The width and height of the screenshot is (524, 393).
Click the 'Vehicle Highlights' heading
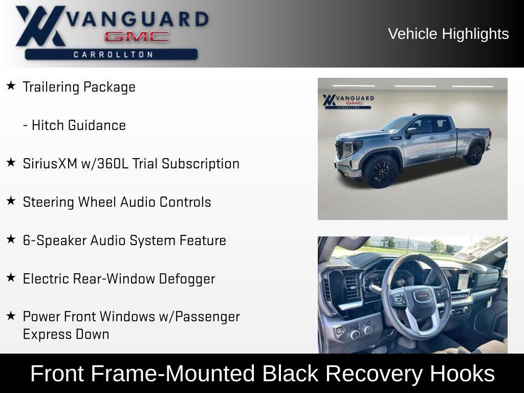pyautogui.click(x=448, y=34)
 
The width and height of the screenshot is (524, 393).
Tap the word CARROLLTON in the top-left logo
pyautogui.click(x=113, y=54)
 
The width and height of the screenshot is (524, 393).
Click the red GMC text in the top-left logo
pyautogui.click(x=137, y=36)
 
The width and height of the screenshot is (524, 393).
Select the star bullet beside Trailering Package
pyautogui.click(x=11, y=86)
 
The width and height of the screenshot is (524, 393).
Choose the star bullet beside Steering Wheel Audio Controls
pyautogui.click(x=11, y=201)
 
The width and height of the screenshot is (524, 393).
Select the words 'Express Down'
pyautogui.click(x=66, y=334)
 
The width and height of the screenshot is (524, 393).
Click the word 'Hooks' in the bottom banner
pyautogui.click(x=463, y=374)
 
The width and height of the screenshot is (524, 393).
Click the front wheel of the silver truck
pyautogui.click(x=381, y=171)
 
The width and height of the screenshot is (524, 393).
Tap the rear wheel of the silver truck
pyautogui.click(x=474, y=155)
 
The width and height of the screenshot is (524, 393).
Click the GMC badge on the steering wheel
pyautogui.click(x=422, y=295)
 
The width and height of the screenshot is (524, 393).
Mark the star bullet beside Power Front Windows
pyautogui.click(x=11, y=316)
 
